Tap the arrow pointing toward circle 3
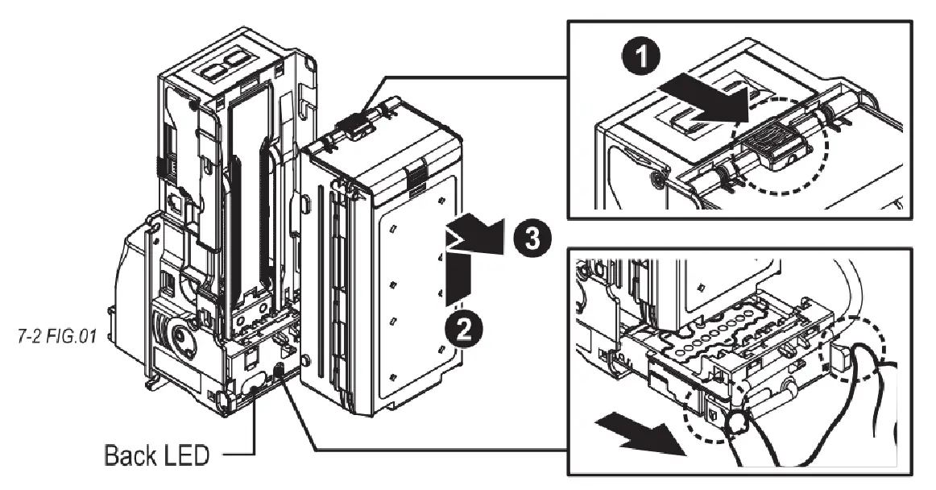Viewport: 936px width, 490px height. coord(475,236)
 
